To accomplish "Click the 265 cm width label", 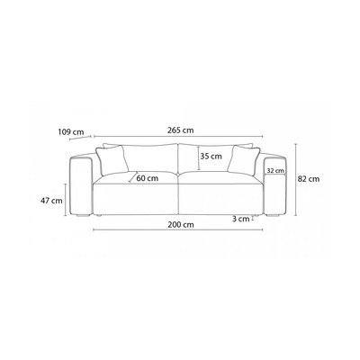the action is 180,130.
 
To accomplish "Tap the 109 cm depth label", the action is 71,131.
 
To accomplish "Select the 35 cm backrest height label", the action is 211,157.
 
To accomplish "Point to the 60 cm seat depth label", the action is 147,178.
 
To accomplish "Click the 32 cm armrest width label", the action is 275,171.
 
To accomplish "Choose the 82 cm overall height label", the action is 309,179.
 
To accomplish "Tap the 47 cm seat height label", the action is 51,201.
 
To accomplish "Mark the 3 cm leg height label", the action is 241,219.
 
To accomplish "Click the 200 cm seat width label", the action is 181,225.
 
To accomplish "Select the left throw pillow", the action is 112,160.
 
